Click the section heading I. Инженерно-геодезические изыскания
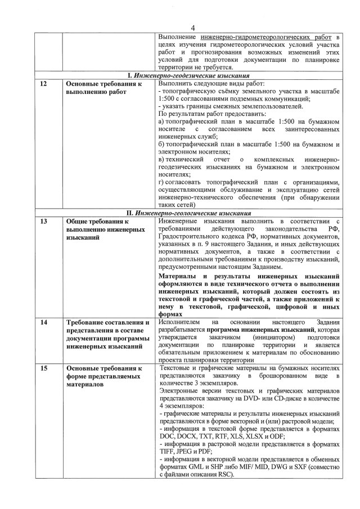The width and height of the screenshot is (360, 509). coord(188,75)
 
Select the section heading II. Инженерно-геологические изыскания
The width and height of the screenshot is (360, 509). coord(188,213)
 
